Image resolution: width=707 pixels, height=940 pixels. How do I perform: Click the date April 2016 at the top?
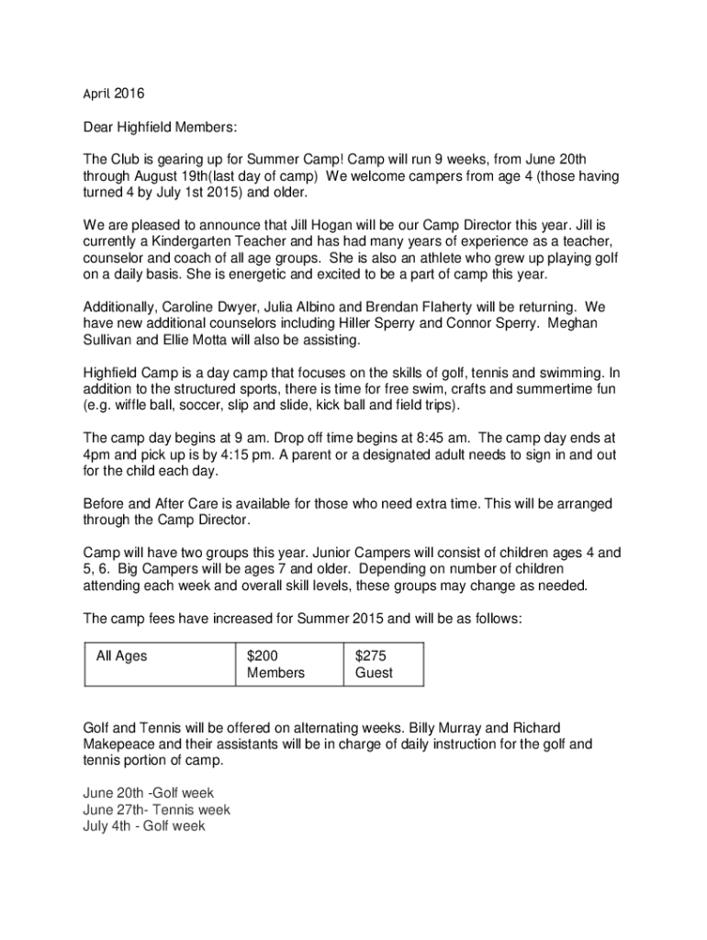(x=114, y=93)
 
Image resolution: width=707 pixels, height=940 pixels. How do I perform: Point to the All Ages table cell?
(x=121, y=656)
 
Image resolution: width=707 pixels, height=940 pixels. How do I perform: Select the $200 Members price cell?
(x=275, y=665)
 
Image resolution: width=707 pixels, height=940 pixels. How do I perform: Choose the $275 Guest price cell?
(x=374, y=665)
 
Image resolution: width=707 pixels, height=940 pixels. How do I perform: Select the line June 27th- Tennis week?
(x=156, y=811)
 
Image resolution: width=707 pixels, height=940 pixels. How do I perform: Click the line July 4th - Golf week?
(x=144, y=827)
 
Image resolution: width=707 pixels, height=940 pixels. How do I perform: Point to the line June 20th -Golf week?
(x=148, y=794)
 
